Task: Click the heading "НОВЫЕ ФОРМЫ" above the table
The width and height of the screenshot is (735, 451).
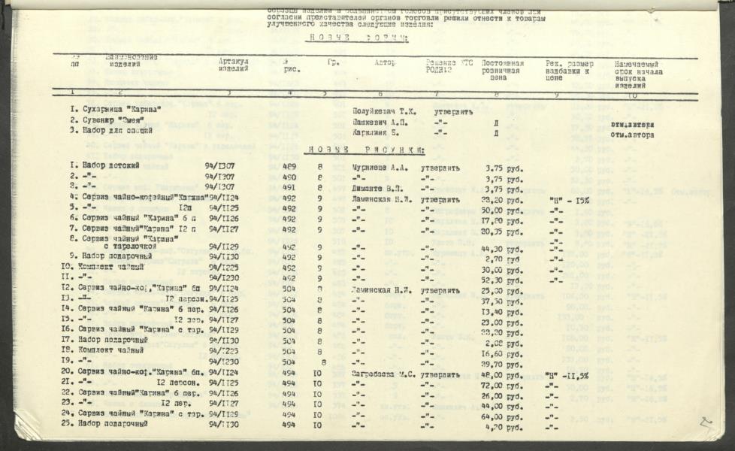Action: [358, 38]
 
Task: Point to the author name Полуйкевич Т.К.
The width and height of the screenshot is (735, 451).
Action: [384, 111]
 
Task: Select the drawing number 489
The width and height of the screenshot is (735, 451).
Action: [289, 167]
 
